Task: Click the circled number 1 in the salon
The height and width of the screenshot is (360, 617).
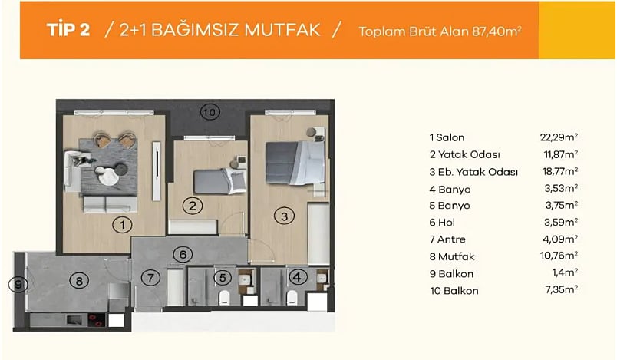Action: point(122,225)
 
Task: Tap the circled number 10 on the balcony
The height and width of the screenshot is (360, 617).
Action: point(210,112)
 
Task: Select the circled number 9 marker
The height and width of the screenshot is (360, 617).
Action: point(18,284)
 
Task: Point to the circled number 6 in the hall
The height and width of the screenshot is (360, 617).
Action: point(183,255)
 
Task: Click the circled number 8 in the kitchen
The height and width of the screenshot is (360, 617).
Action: point(79,281)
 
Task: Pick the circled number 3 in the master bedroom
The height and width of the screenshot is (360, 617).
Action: point(284,216)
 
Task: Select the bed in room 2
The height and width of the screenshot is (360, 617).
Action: point(220,180)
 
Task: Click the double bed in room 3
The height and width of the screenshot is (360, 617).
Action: point(295,163)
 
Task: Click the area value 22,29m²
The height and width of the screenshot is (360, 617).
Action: point(559,137)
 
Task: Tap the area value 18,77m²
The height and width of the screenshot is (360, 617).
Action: point(560,171)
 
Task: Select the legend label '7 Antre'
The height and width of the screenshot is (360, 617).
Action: point(447,239)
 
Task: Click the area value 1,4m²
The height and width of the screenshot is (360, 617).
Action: point(565,272)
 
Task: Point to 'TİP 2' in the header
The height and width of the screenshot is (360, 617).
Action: point(68,30)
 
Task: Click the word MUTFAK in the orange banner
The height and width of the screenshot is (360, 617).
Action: point(282,30)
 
